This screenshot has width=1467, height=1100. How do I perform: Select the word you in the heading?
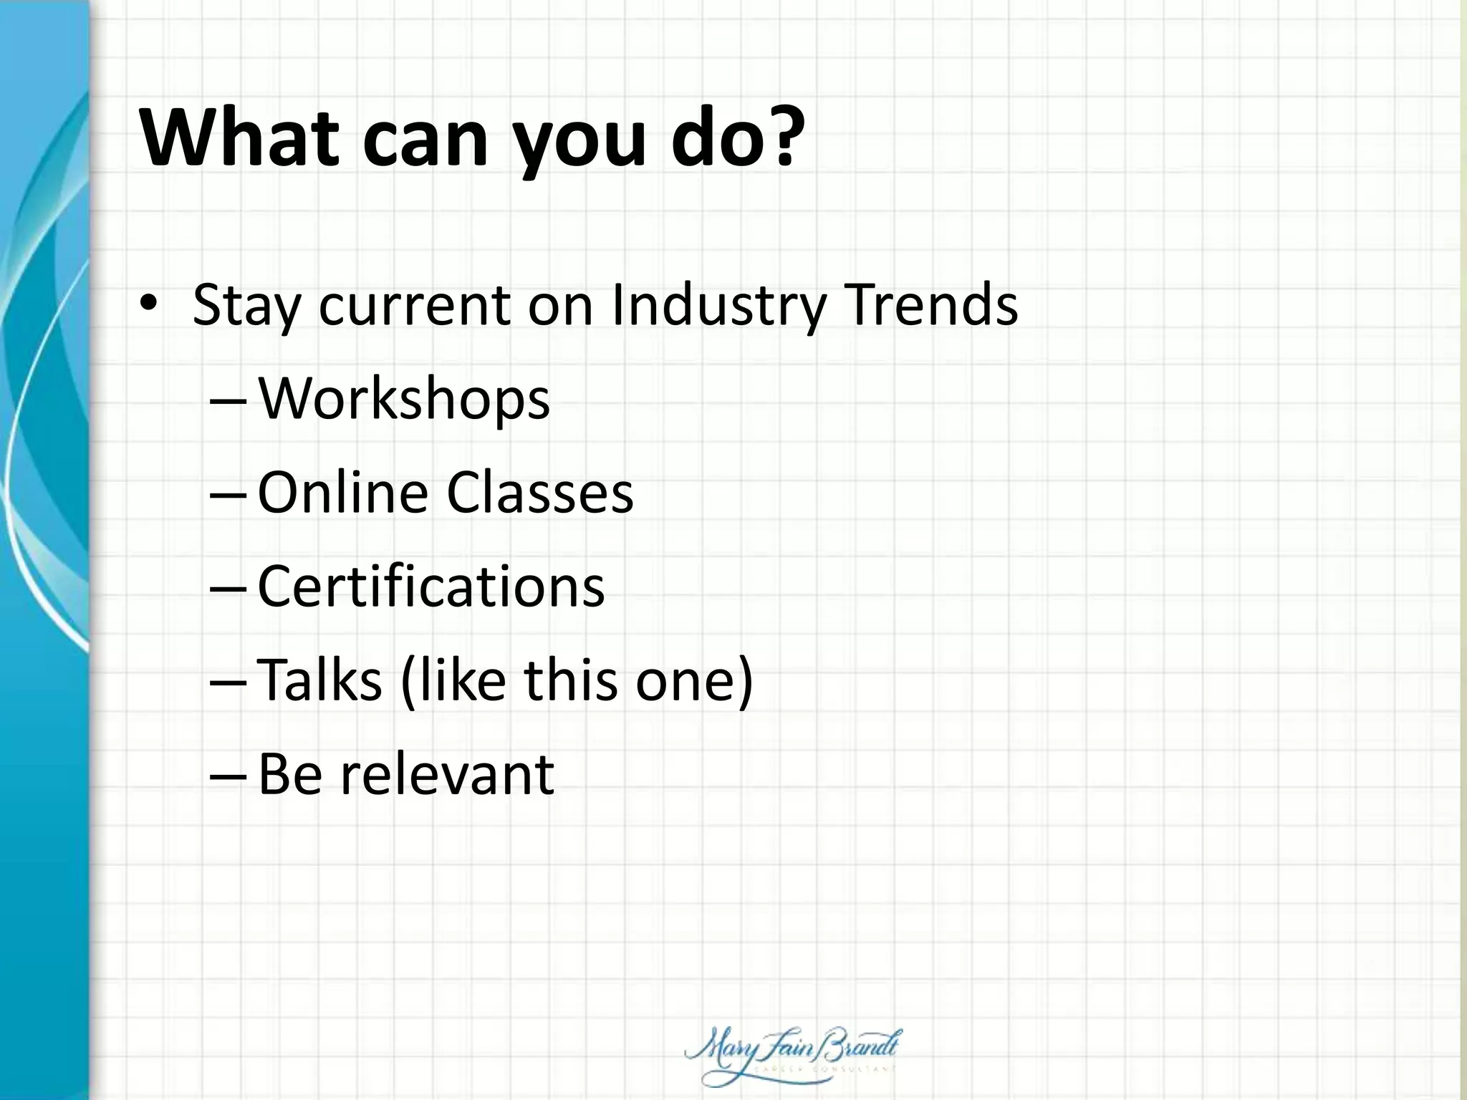click(574, 143)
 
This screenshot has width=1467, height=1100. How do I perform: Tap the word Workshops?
click(404, 400)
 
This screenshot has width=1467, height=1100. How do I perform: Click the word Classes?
click(540, 493)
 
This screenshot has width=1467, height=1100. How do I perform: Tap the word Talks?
click(319, 680)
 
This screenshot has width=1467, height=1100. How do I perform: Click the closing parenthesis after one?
click(745, 681)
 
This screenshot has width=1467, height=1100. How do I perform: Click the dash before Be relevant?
click(228, 777)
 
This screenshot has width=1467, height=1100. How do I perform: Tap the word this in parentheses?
click(570, 680)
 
